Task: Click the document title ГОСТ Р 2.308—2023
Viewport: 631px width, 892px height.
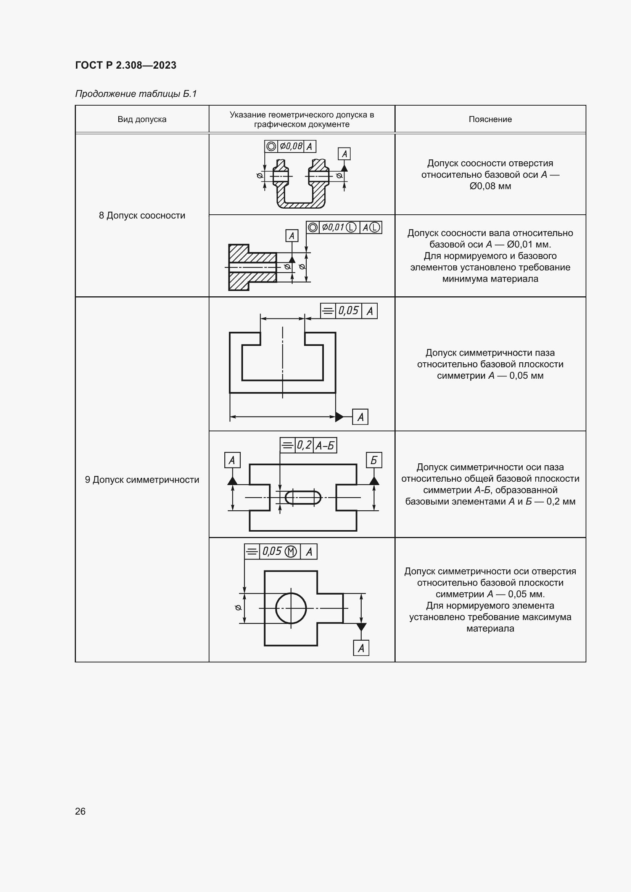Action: pos(126,65)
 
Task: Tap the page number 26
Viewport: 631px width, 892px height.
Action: pos(80,811)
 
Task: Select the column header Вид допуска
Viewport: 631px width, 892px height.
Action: pos(142,119)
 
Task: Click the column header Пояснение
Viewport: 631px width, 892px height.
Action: pos(490,119)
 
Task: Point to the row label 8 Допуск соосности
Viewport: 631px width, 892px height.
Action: pos(142,215)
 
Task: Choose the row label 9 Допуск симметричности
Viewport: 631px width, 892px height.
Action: pos(142,479)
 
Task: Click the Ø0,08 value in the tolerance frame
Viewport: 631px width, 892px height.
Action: pos(291,146)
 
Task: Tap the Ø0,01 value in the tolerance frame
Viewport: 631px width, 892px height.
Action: pos(333,227)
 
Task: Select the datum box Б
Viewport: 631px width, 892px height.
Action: pos(374,460)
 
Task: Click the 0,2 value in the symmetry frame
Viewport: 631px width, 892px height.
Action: pos(304,445)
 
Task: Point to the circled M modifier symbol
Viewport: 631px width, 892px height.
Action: pos(291,551)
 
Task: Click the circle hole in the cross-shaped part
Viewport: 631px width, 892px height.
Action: pos(291,608)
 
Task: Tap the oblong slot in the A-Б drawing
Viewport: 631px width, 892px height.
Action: pos(303,497)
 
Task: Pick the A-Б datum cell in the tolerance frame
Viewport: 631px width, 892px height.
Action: pos(325,445)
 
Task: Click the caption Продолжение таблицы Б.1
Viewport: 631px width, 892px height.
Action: pos(136,94)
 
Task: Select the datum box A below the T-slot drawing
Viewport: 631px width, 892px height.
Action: pos(360,417)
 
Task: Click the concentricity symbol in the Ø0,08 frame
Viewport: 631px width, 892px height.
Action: pos(271,146)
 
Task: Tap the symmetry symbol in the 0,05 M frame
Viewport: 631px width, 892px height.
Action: pos(252,551)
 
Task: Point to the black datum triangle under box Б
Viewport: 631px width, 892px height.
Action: pos(374,481)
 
